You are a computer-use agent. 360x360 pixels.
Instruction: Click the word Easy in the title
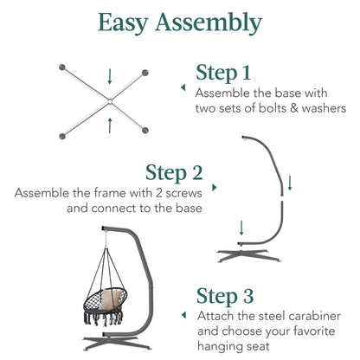[x=123, y=23]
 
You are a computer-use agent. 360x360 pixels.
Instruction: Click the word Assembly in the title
[x=209, y=22]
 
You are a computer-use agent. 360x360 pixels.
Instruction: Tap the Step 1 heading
[x=223, y=74]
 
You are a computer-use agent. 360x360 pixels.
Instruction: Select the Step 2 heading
[x=174, y=173]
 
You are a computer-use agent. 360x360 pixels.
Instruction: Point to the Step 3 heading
[x=225, y=297]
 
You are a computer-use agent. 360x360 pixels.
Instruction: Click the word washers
[x=324, y=108]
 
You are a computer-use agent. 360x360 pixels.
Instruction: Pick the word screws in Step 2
[x=183, y=193]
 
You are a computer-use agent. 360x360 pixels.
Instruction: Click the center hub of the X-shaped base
[x=110, y=101]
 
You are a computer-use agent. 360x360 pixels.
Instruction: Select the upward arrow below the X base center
[x=110, y=125]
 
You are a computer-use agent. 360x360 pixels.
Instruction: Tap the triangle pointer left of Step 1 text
[x=183, y=87]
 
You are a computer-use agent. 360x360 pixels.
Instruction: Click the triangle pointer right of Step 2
[x=215, y=188]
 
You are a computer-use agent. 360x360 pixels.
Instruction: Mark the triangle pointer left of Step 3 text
[x=183, y=315]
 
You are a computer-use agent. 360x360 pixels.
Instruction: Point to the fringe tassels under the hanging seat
[x=104, y=318]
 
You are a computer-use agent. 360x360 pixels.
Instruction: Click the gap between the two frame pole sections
[x=282, y=198]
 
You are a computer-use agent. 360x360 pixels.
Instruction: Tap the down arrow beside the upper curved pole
[x=290, y=183]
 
